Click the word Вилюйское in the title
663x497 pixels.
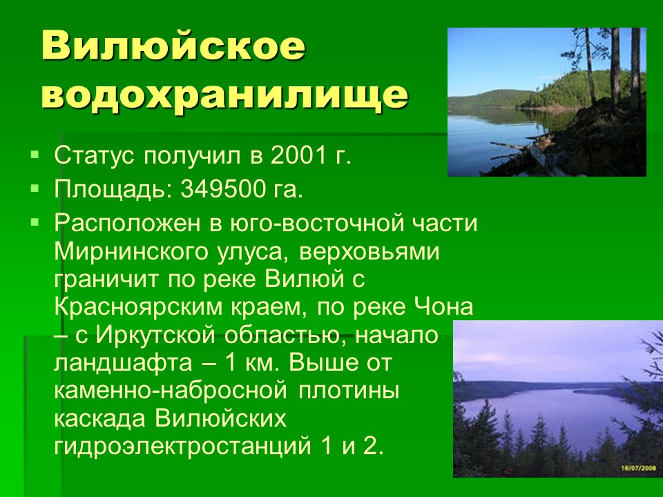click(173, 46)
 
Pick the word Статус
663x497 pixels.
click(95, 155)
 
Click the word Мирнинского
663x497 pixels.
click(131, 252)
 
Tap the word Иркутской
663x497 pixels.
click(156, 335)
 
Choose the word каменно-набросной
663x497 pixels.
click(171, 391)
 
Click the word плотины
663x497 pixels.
click(349, 391)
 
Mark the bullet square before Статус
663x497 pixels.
click(35, 153)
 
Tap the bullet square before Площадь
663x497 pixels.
click(35, 187)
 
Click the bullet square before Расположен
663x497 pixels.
click(35, 221)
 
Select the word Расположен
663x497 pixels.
click(127, 224)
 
